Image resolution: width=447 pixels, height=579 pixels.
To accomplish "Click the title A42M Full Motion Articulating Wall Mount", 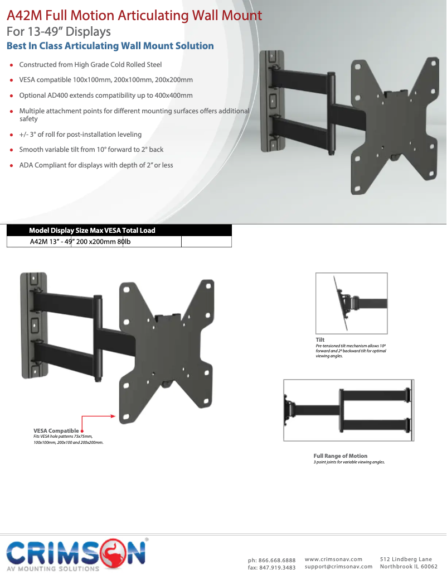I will [x=134, y=15].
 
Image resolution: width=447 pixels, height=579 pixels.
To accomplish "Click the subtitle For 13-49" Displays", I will [x=59, y=31].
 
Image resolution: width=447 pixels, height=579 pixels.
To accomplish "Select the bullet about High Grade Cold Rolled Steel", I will [x=90, y=65].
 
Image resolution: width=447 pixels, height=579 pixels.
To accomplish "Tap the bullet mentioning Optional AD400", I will [x=106, y=95].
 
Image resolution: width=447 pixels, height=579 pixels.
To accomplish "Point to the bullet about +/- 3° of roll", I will [x=80, y=135].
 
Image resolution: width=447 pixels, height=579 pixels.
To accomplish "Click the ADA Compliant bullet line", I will [x=96, y=165].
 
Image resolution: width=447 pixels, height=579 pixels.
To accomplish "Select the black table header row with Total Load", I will [x=92, y=230].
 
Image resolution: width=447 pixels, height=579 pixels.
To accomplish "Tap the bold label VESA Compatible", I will [x=56, y=430].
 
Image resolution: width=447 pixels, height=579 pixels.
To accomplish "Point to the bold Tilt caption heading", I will [x=320, y=339].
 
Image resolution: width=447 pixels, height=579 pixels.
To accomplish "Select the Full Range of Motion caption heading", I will [x=340, y=456].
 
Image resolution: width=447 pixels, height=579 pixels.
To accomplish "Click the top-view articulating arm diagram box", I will [x=348, y=410].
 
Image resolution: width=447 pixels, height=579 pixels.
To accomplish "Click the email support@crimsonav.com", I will [x=338, y=567].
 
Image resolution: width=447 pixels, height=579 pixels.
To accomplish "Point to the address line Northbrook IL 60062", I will [x=409, y=567].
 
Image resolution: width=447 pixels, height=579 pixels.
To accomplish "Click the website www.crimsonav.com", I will [x=333, y=559].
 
